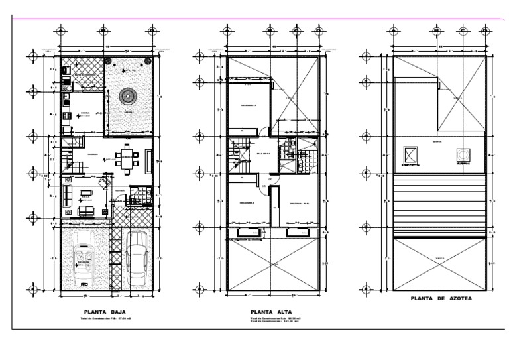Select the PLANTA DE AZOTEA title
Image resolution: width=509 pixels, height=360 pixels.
click(x=439, y=299)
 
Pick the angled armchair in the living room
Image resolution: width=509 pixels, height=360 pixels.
click(x=103, y=182)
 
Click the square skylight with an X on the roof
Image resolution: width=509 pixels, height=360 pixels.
click(x=411, y=155)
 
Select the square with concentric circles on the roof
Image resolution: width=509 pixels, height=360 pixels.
click(x=461, y=155)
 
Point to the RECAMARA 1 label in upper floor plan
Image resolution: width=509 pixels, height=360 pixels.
click(x=248, y=105)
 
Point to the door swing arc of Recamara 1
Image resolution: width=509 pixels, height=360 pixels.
click(x=263, y=131)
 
